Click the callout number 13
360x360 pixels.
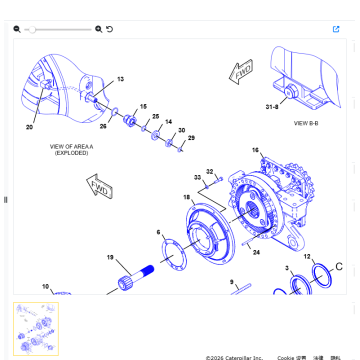pyautogui.click(x=121, y=79)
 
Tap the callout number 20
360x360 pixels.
pyautogui.click(x=29, y=127)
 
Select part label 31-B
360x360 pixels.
pyautogui.click(x=271, y=106)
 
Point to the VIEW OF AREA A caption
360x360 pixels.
pyautogui.click(x=71, y=150)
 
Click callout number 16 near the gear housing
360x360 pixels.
pyautogui.click(x=255, y=150)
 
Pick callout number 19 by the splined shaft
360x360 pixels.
pyautogui.click(x=111, y=257)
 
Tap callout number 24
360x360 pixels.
pyautogui.click(x=257, y=253)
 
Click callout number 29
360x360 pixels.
pyautogui.click(x=191, y=138)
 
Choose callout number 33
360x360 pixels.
pyautogui.click(x=198, y=178)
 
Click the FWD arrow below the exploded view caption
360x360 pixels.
pyautogui.click(x=100, y=187)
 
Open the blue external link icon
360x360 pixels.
pyautogui.click(x=336, y=29)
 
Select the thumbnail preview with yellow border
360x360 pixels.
pyautogui.click(x=36, y=328)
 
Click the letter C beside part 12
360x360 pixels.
pyautogui.click(x=338, y=266)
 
